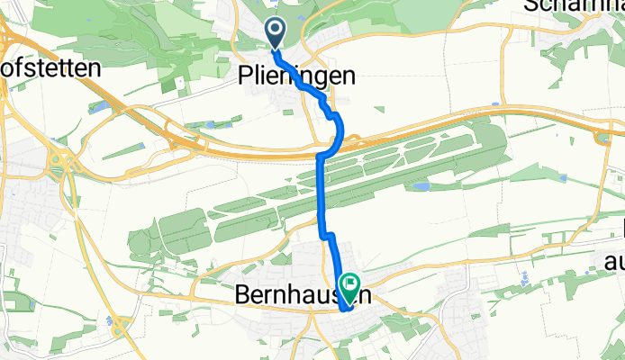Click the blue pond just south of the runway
click(x=420, y=186)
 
